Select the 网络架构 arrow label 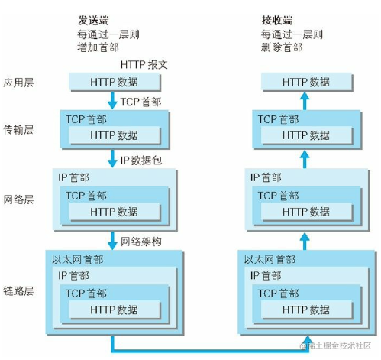tap(144, 242)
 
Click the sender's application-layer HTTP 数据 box tap(114, 82)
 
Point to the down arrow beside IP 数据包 tap(114, 160)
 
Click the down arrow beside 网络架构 tap(114, 242)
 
